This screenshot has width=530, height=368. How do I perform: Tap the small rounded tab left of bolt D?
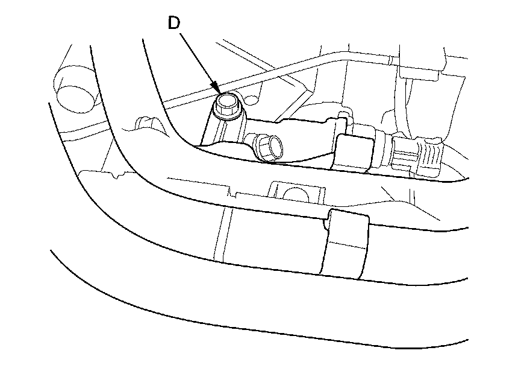click(143, 122)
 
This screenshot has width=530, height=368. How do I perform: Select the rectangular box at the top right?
click(425, 60)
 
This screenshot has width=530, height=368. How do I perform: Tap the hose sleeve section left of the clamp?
click(271, 235)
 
